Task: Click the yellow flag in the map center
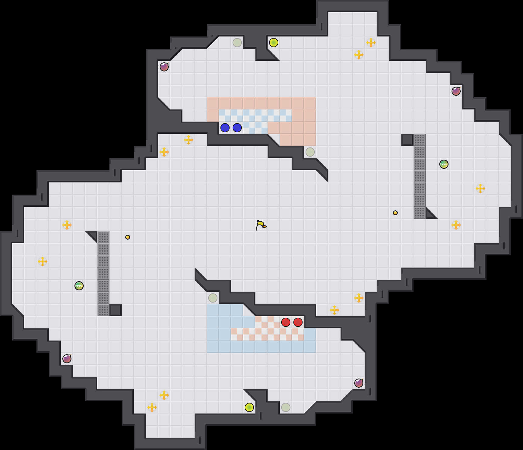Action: (261, 225)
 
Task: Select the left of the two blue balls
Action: (225, 128)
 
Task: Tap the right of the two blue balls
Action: (237, 128)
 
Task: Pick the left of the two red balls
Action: (286, 322)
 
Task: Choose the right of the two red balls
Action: (298, 322)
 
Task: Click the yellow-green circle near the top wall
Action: (274, 43)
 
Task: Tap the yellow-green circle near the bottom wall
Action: (249, 407)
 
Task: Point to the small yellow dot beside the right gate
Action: (395, 213)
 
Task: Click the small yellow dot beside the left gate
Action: (128, 237)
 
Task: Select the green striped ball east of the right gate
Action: (444, 164)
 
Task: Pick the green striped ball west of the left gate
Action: (79, 286)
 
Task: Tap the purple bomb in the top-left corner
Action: (164, 67)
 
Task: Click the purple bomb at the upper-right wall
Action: (456, 91)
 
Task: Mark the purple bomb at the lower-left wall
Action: (67, 359)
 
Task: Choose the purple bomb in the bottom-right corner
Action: (359, 383)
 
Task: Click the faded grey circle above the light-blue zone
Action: (213, 298)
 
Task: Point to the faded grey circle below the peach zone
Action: (310, 152)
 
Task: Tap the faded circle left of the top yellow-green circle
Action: (237, 43)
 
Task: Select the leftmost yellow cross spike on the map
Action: (43, 261)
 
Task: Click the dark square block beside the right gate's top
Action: (407, 140)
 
